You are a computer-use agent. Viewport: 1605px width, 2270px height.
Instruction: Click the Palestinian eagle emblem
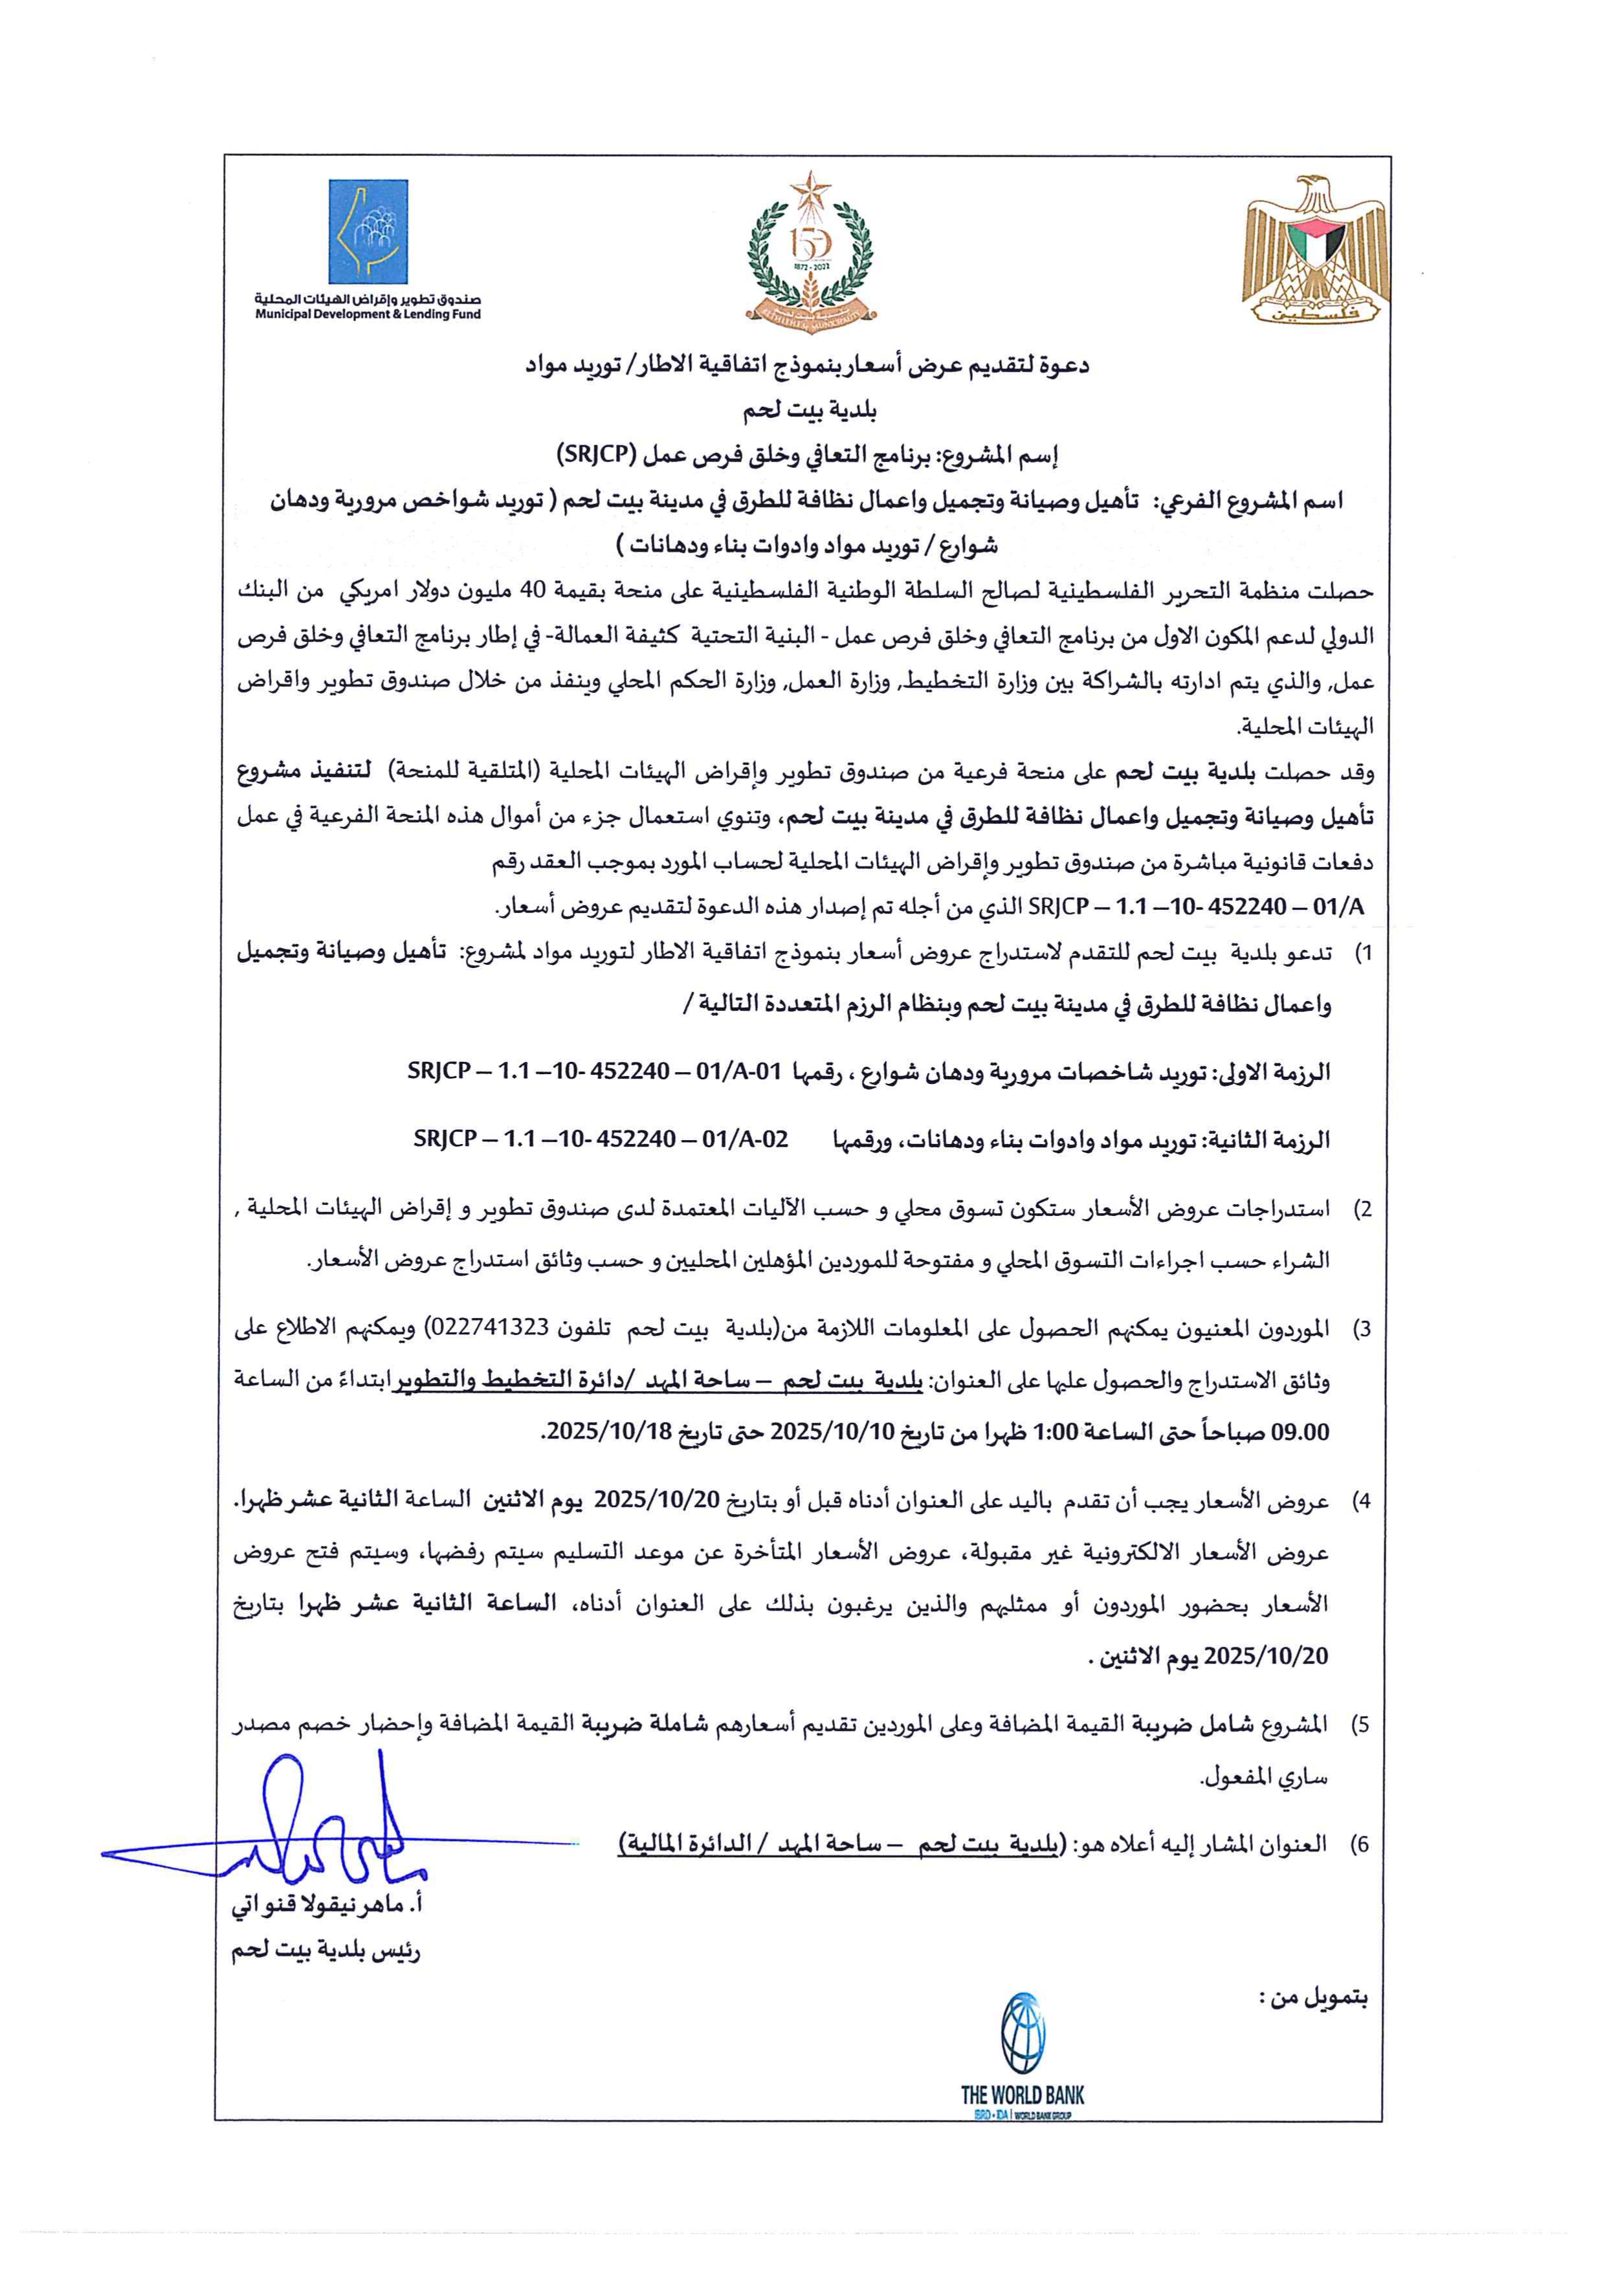(1315, 249)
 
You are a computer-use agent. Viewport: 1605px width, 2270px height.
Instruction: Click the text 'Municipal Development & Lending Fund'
(368, 314)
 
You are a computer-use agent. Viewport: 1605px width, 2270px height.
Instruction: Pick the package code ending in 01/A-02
(601, 1139)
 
